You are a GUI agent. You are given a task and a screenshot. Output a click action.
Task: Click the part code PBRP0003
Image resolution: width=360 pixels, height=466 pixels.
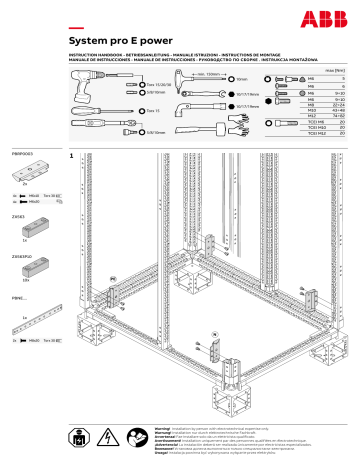22,154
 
